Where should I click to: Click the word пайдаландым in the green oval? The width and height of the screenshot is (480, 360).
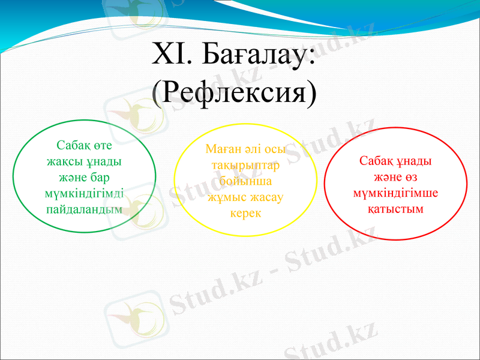click(84, 209)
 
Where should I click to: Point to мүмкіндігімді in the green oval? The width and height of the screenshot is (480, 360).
click(85, 194)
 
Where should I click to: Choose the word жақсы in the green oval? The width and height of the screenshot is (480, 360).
click(65, 162)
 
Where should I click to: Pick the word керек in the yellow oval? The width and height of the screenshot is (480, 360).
click(245, 213)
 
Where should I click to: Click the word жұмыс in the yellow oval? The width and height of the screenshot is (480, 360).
click(226, 197)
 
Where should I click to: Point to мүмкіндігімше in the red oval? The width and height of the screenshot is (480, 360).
click(395, 193)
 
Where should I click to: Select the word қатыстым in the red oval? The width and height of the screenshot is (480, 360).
click(395, 209)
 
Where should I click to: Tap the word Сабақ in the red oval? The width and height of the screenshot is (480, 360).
click(376, 162)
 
